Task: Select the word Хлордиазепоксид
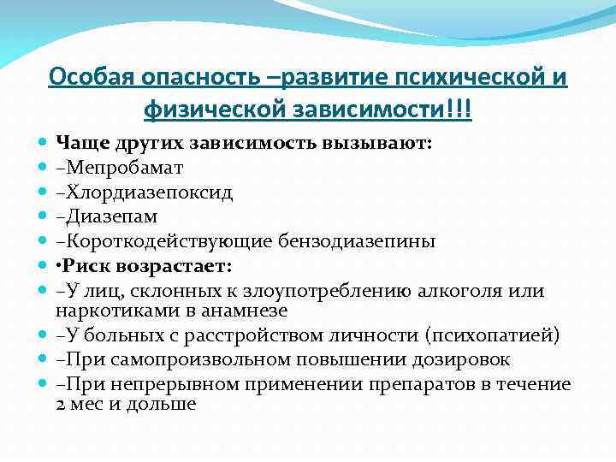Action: (x=137, y=192)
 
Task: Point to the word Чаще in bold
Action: (x=78, y=142)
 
